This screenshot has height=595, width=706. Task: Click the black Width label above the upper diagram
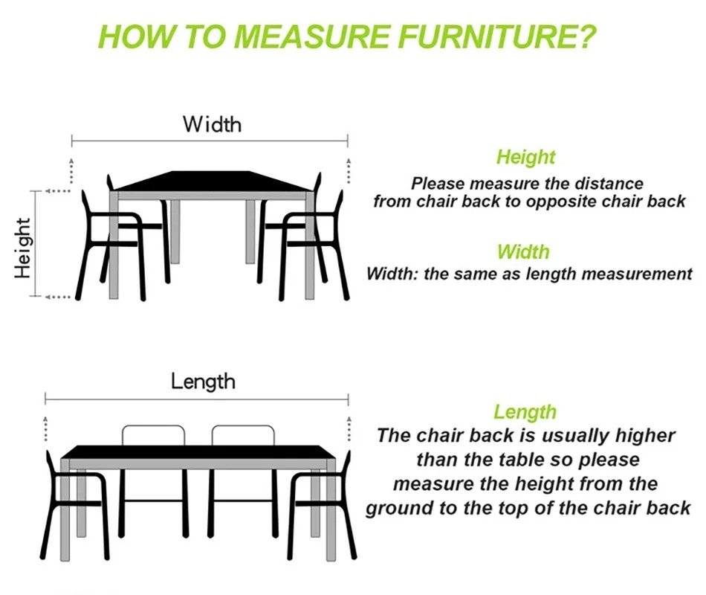[x=212, y=124]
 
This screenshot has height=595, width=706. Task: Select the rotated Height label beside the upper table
[x=22, y=248]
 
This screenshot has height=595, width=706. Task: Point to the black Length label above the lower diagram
[x=203, y=382]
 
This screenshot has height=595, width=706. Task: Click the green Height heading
[x=526, y=157]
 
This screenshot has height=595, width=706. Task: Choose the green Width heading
[x=523, y=251]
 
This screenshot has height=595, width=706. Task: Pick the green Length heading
[x=525, y=412]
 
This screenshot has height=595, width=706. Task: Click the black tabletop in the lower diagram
[x=198, y=452]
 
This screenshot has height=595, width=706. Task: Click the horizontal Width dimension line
[x=210, y=141]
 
